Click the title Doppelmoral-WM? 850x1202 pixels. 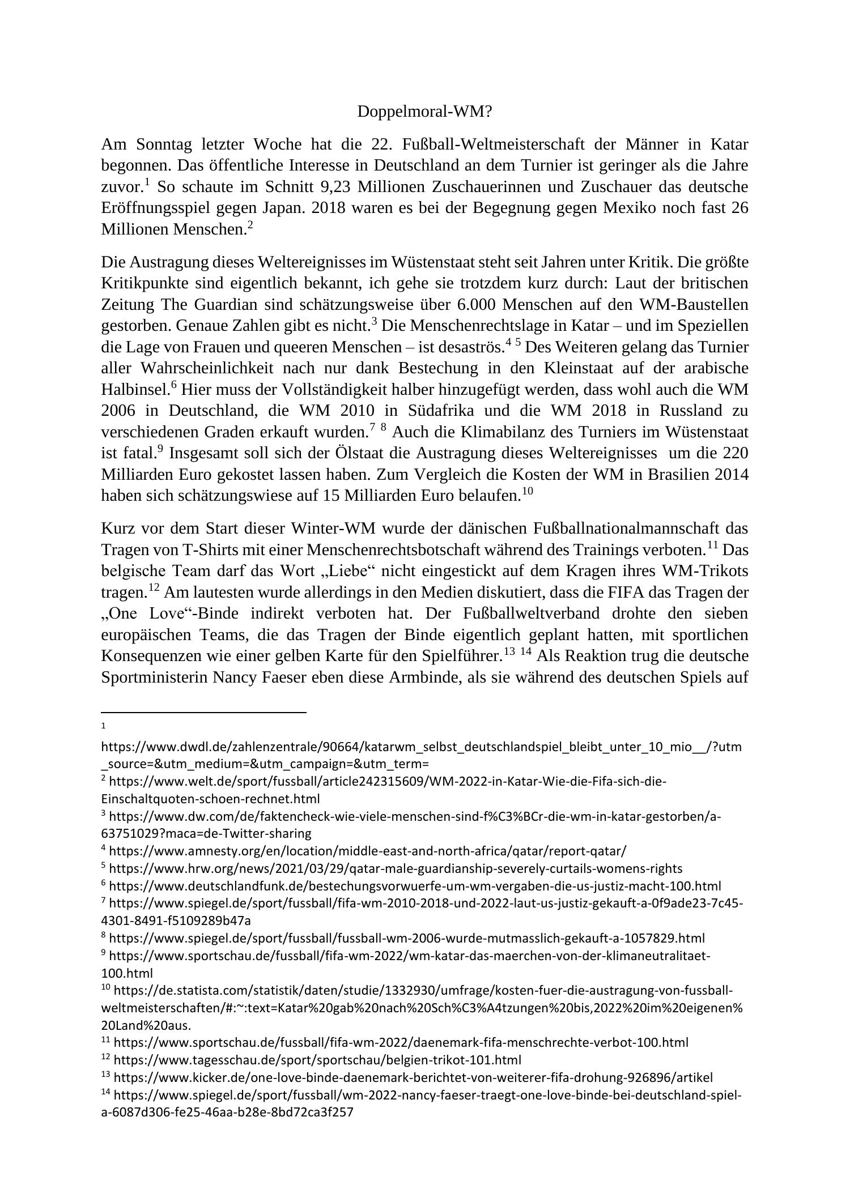point(424,112)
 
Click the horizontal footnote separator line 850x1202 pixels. point(203,712)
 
